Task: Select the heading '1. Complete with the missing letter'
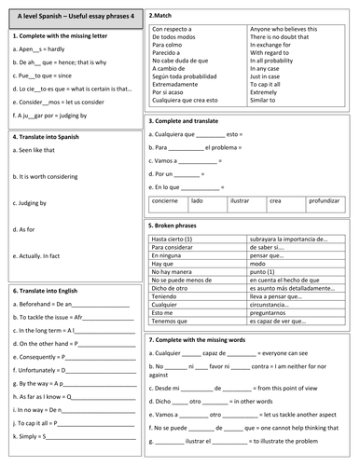coord(57,34)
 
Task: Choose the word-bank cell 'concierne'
coord(167,199)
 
